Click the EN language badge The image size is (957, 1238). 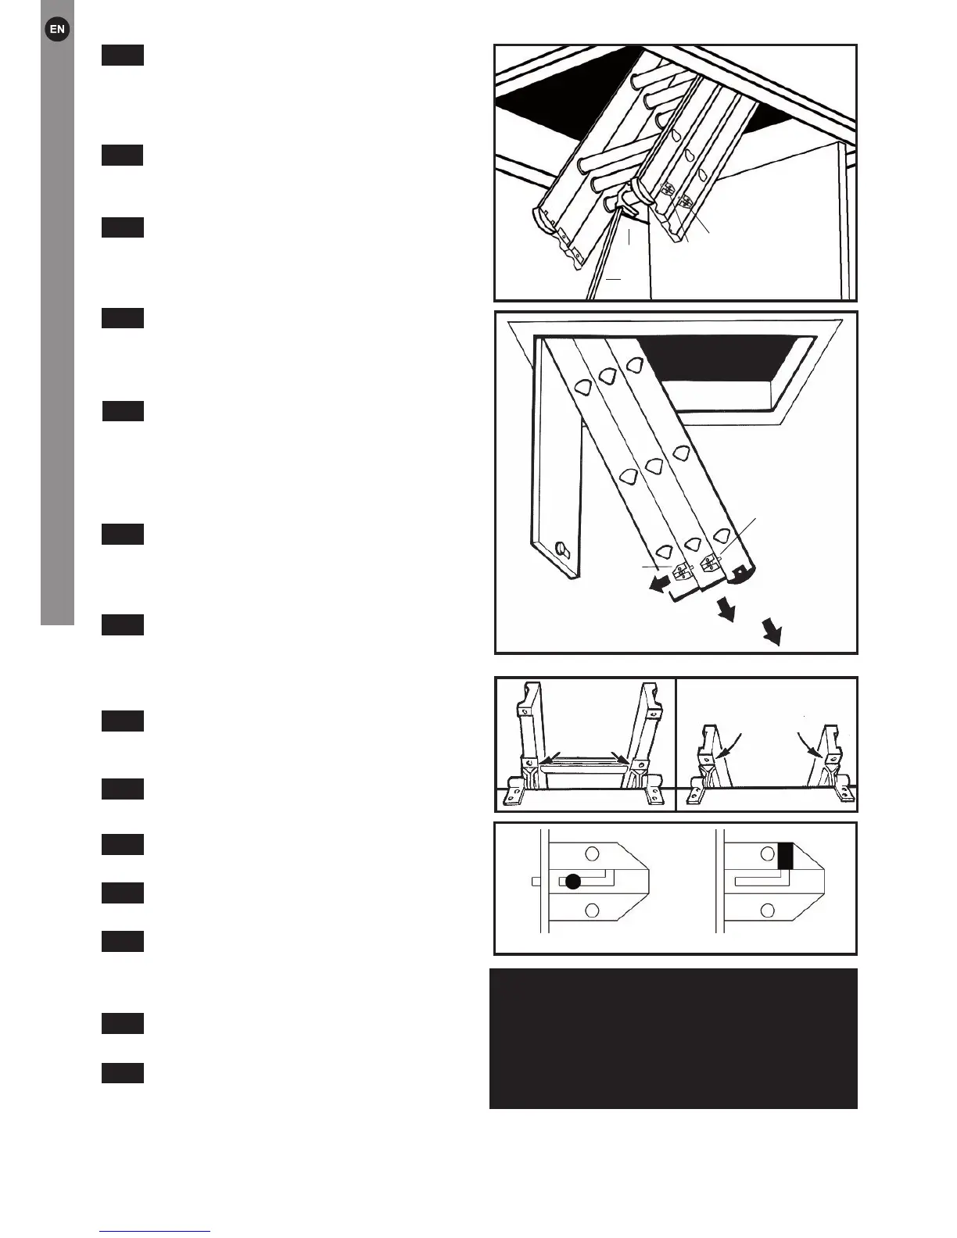[57, 30]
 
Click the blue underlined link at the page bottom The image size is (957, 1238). [155, 1231]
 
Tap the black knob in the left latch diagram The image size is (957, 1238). [573, 882]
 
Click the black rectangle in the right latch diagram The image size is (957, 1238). [786, 856]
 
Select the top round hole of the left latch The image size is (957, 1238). [593, 853]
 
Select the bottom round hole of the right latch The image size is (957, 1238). [767, 910]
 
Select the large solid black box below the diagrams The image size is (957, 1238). [673, 1038]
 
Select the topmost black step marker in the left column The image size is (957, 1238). [123, 55]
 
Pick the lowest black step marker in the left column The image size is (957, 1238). [123, 1073]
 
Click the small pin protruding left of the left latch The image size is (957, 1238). [537, 881]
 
